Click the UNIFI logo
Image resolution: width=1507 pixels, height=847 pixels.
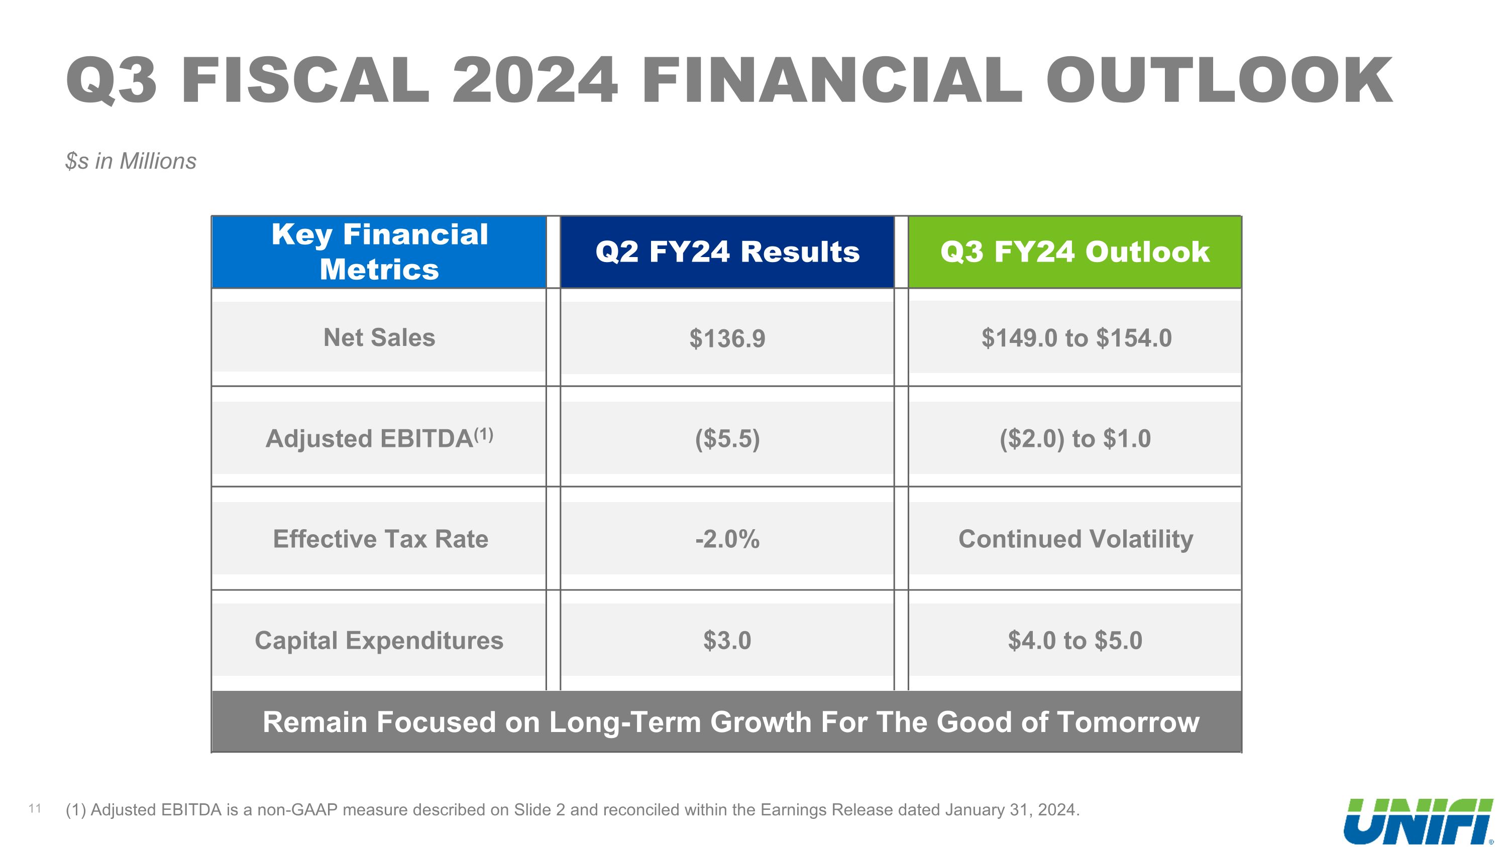point(1418,821)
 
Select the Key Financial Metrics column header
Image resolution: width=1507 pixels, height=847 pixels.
point(379,252)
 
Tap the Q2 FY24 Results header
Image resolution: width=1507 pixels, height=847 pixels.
point(727,252)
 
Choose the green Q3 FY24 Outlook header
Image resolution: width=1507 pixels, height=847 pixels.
point(1074,252)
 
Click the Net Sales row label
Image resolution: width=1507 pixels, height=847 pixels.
point(379,337)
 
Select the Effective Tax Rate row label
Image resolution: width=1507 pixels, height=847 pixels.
point(380,539)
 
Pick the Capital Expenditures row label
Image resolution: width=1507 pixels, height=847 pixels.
point(379,640)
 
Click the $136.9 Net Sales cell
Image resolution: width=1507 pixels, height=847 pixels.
point(727,338)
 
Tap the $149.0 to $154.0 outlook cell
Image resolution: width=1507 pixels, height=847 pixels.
point(1076,338)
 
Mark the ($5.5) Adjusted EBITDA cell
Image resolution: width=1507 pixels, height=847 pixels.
point(727,438)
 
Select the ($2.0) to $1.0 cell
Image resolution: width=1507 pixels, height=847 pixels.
point(1074,438)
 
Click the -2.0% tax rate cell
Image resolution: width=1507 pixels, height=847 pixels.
point(727,539)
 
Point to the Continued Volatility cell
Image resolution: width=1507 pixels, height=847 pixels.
point(1075,539)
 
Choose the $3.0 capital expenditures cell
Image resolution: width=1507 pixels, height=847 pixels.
point(727,640)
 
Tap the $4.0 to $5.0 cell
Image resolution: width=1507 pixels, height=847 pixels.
point(1074,640)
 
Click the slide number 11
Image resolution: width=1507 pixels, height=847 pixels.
point(35,809)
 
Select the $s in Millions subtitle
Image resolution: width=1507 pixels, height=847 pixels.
point(131,161)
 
